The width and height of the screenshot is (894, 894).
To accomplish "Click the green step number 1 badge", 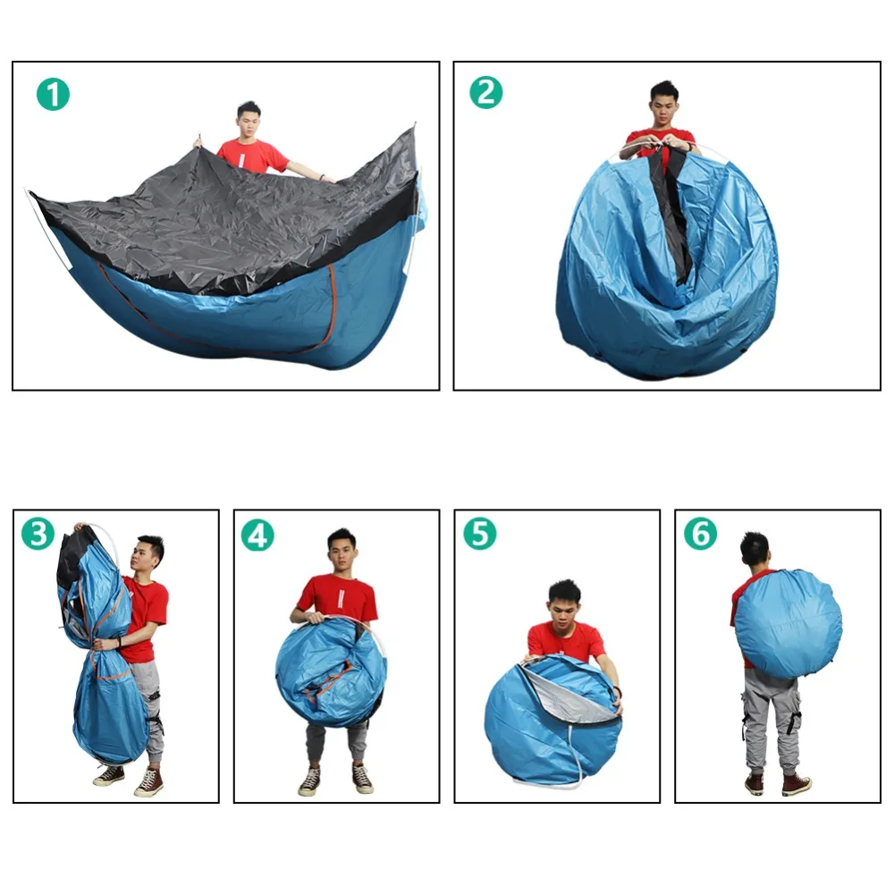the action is click(53, 95).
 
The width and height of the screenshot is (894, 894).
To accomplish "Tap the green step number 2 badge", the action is click(485, 93).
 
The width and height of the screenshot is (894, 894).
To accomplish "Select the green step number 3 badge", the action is click(38, 535).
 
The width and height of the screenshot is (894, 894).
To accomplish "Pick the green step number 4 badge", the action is click(257, 536).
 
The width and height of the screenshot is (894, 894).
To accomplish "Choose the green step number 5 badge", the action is click(479, 535).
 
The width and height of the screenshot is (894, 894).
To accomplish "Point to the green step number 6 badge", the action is click(700, 534).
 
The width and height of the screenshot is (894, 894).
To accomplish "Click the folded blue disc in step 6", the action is click(789, 624).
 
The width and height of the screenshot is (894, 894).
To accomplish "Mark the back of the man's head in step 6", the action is click(755, 550).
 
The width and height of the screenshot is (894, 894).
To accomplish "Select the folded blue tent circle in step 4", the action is click(332, 674).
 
